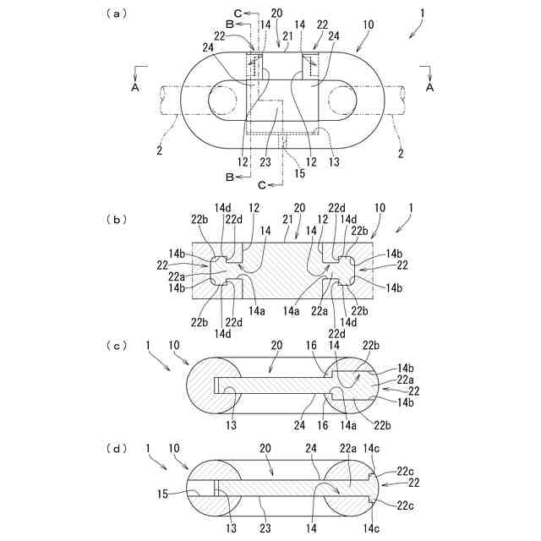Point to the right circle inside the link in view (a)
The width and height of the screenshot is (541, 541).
tap(342, 101)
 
